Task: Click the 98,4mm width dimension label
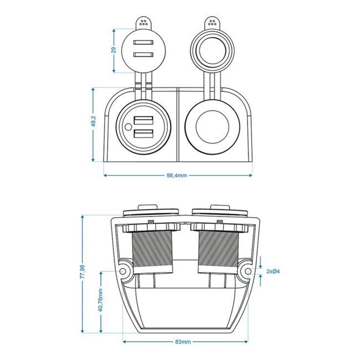tap(178, 176)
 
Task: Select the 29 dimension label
tap(114, 49)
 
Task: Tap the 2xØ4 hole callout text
tap(275, 271)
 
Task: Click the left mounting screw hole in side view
tap(122, 271)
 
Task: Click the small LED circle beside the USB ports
tap(128, 127)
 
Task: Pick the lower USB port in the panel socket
tap(144, 133)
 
